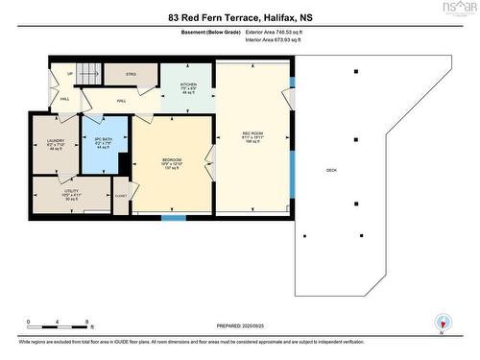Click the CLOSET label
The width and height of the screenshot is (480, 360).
120,196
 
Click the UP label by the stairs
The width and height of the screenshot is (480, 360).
68,72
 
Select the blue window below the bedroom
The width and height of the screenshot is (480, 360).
173,218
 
